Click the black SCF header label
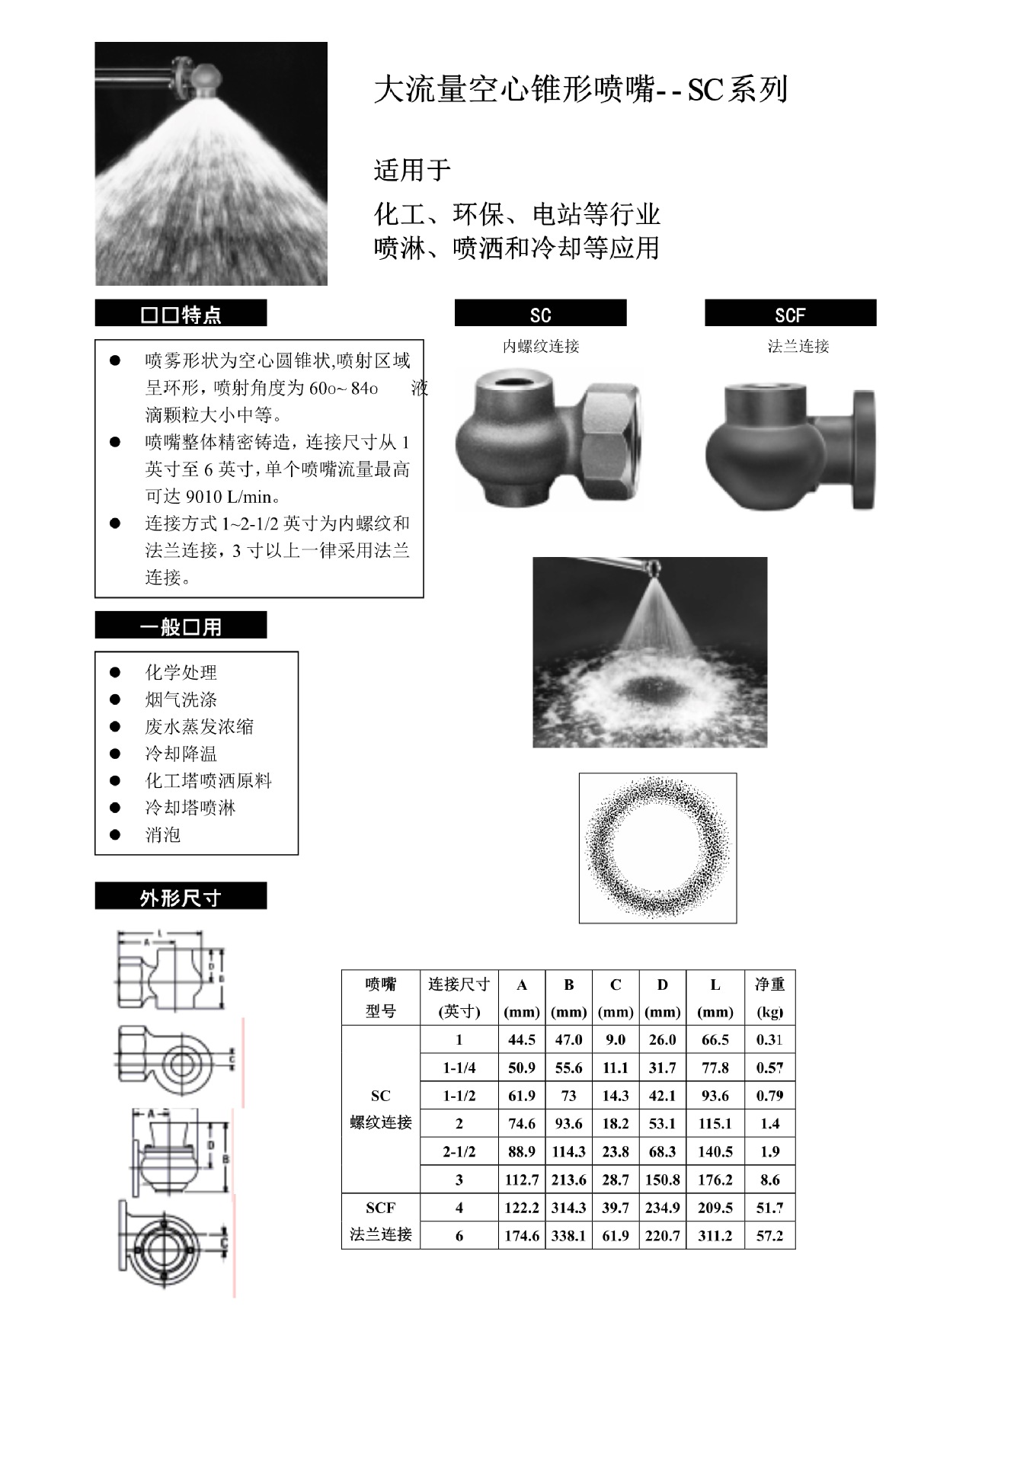(x=790, y=313)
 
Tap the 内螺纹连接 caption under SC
(x=541, y=346)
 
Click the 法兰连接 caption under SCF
(x=798, y=346)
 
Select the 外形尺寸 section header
(x=181, y=897)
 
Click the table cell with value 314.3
(x=568, y=1208)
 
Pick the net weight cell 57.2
(x=769, y=1236)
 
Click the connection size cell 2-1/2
(x=459, y=1151)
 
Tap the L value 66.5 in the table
(x=715, y=1040)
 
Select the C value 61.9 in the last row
(x=616, y=1236)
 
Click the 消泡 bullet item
(x=163, y=834)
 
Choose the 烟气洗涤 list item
(x=181, y=699)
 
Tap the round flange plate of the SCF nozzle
(x=864, y=450)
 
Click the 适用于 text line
(x=412, y=169)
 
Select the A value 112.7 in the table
(x=522, y=1180)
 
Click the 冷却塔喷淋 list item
(x=190, y=808)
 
